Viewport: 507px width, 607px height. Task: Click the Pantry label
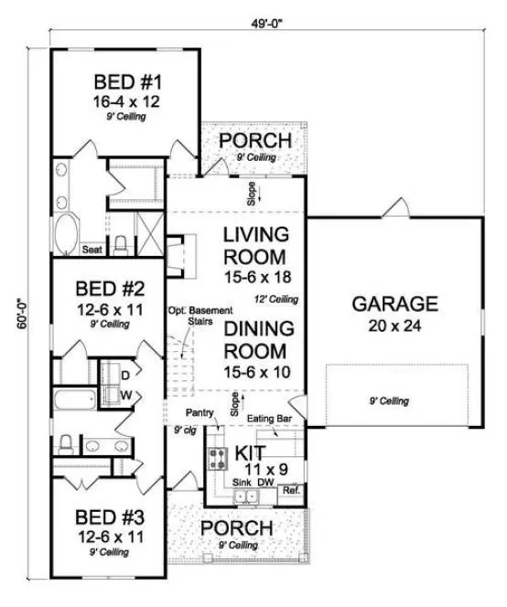pyautogui.click(x=200, y=413)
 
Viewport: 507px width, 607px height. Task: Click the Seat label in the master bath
pyautogui.click(x=91, y=248)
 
